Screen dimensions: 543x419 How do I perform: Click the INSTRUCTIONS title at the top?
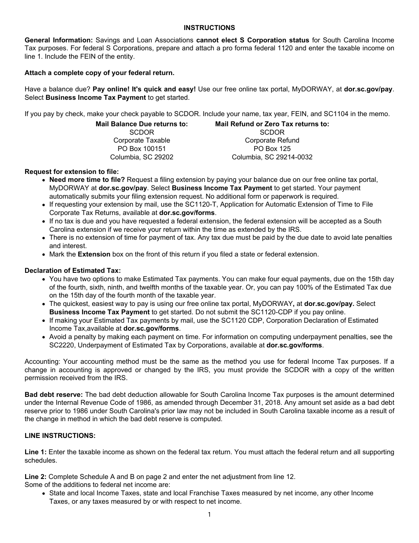coord(209,27)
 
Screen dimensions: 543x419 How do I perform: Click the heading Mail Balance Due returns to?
coord(142,124)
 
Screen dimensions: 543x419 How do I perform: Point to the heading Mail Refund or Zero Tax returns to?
coord(272,124)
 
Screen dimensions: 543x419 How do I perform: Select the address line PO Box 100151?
coord(142,149)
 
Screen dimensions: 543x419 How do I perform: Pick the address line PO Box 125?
coord(272,149)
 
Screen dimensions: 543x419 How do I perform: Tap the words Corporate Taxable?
coord(142,140)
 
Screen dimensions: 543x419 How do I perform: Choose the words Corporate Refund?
coord(272,140)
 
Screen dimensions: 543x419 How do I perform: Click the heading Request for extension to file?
coord(71,172)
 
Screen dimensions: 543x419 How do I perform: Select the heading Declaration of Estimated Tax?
coord(73,271)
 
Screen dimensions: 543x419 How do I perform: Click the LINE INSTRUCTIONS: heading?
coord(60,436)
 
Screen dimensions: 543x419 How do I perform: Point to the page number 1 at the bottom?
coord(209,514)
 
